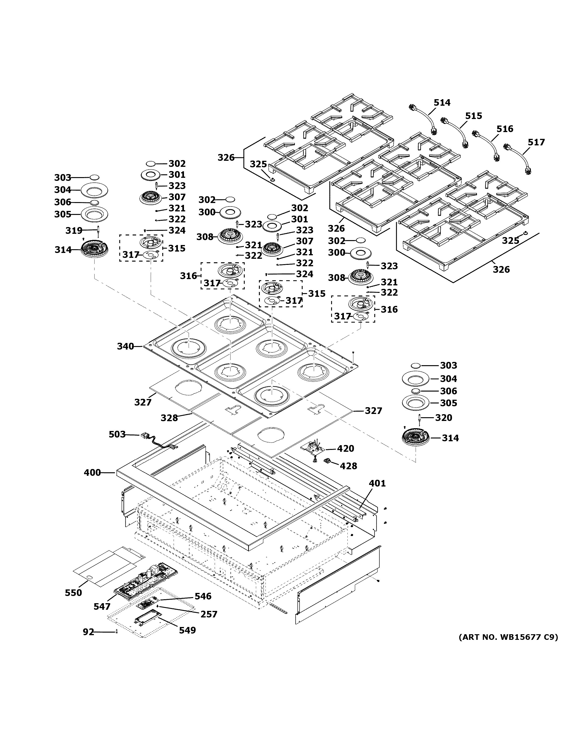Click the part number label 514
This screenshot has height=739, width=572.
pyautogui.click(x=442, y=102)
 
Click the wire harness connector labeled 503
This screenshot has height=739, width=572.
pyautogui.click(x=146, y=436)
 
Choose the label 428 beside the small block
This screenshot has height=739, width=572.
pyautogui.click(x=348, y=466)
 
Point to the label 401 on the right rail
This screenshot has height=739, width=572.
pyautogui.click(x=377, y=483)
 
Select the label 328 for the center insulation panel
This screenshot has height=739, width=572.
pyautogui.click(x=169, y=418)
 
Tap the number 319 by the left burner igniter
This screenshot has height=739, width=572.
pyautogui.click(x=74, y=231)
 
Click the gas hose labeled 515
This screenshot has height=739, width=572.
pyautogui.click(x=455, y=133)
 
